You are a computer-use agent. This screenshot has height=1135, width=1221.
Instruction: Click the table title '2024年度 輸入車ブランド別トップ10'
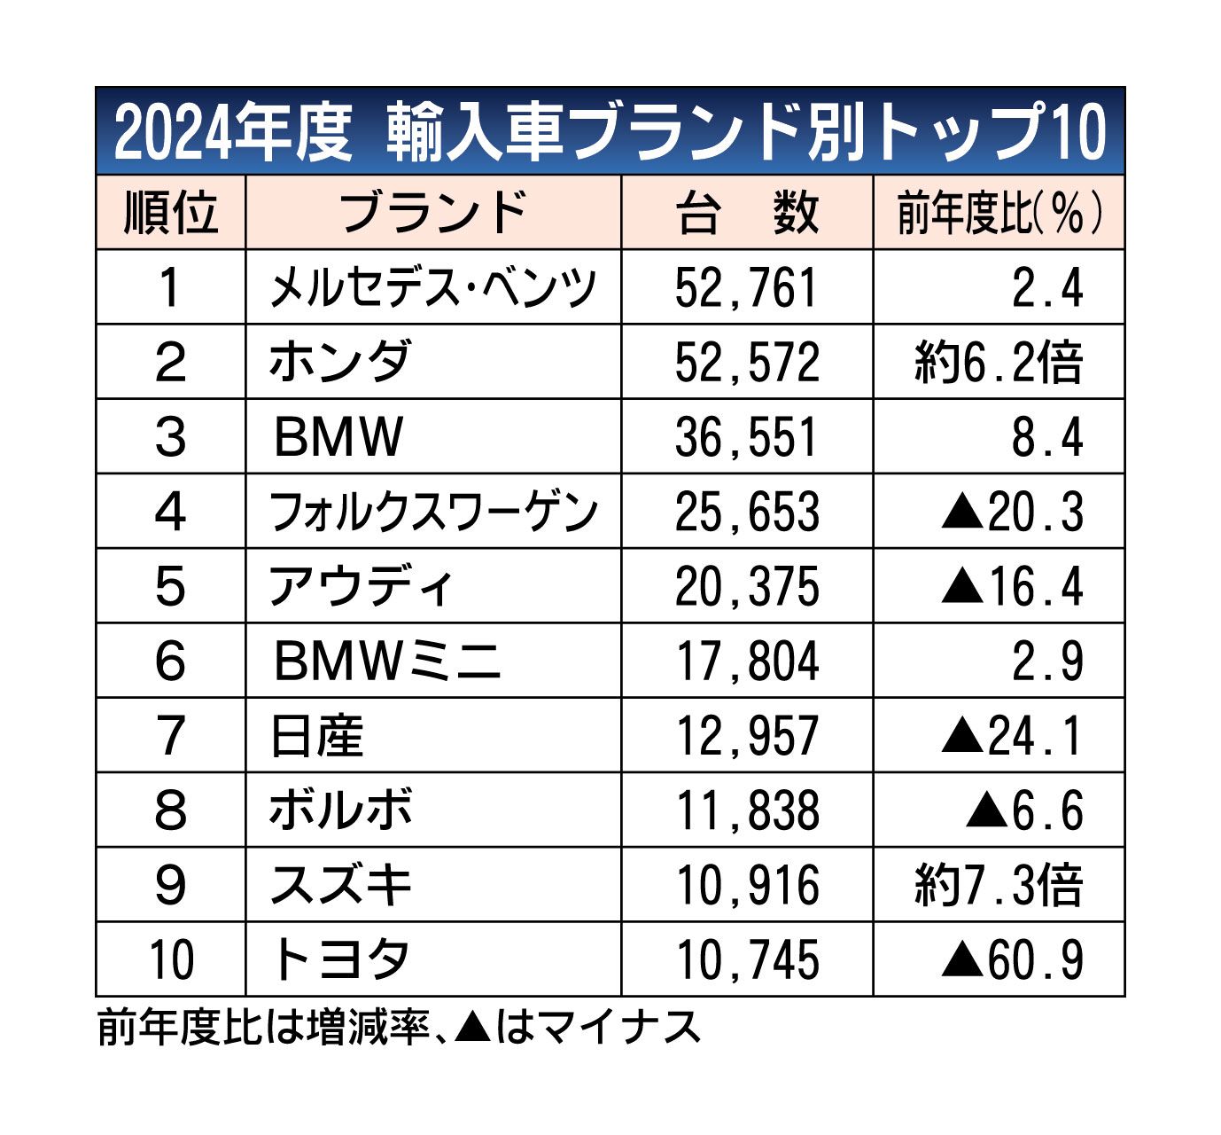[610, 133]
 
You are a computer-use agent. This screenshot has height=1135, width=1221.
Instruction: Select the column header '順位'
[170, 213]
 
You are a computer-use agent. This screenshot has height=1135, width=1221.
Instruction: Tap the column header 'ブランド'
[433, 213]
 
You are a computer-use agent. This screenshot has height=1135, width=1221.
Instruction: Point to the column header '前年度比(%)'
[999, 213]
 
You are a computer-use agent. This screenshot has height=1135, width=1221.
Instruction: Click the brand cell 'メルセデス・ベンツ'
[433, 288]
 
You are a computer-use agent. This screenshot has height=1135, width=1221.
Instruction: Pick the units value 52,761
[747, 288]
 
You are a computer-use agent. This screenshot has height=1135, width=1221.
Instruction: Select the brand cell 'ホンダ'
[339, 363]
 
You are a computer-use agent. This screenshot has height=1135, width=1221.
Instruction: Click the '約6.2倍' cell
[999, 363]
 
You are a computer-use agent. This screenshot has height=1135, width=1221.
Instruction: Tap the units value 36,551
[747, 437]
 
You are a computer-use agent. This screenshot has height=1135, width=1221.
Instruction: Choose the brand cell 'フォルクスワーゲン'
[433, 513]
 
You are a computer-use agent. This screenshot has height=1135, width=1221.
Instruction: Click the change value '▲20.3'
[1012, 513]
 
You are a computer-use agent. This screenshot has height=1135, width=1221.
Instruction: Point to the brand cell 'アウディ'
[362, 587]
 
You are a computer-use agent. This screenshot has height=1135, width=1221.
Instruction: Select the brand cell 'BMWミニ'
[387, 661]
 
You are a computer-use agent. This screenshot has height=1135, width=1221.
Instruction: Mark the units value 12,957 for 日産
[747, 736]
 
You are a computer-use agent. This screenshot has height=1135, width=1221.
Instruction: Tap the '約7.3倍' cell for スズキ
[999, 885]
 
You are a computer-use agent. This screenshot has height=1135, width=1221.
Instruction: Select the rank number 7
[170, 736]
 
